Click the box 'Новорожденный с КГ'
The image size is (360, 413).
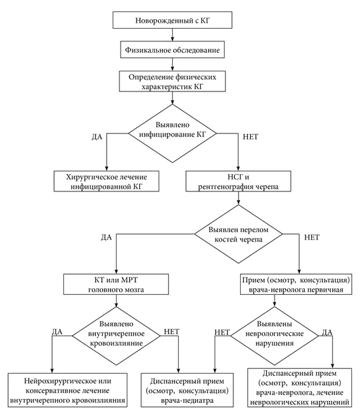pyautogui.click(x=173, y=20)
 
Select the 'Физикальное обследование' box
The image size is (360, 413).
pyautogui.click(x=173, y=49)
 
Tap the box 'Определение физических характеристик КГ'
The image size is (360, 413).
pyautogui.click(x=173, y=81)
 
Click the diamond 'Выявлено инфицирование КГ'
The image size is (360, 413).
pyautogui.click(x=173, y=133)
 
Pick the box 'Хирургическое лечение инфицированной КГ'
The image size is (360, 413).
pyautogui.click(x=106, y=181)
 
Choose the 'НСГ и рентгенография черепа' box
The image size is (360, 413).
pyautogui.click(x=239, y=181)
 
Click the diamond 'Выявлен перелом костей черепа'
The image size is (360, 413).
pyautogui.click(x=239, y=234)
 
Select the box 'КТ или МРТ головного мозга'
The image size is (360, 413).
pyautogui.click(x=116, y=284)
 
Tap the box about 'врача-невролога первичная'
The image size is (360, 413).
pyautogui.click(x=296, y=284)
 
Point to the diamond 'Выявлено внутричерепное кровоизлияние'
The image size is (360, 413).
pyautogui.click(x=116, y=336)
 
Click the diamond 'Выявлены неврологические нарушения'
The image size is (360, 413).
pyautogui.click(x=275, y=336)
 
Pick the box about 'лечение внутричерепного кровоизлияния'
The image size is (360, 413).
pyautogui.click(x=67, y=390)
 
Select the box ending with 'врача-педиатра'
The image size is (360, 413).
pyautogui.click(x=187, y=390)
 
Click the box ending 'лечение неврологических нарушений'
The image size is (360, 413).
pyautogui.click(x=300, y=388)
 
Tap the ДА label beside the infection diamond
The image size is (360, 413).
pyautogui.click(x=97, y=137)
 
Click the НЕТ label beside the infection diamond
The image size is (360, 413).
pyautogui.click(x=251, y=137)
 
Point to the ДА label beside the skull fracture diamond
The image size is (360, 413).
pyautogui.click(x=106, y=238)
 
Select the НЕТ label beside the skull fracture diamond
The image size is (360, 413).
pyautogui.click(x=312, y=238)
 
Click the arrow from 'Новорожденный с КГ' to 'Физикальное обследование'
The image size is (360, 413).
pyautogui.click(x=173, y=35)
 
